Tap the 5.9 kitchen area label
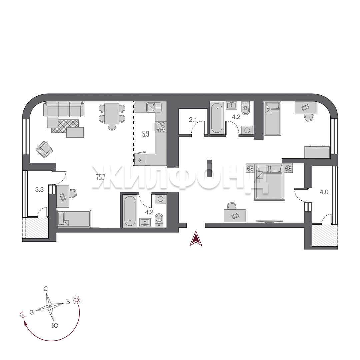[146, 134]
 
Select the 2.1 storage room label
[193, 120]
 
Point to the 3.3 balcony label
[39, 190]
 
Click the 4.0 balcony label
[324, 192]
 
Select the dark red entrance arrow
[196, 239]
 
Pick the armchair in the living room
[44, 149]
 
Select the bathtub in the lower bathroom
[129, 211]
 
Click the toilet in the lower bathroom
[159, 220]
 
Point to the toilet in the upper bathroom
[246, 110]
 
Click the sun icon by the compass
[77, 300]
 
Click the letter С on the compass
[46, 289]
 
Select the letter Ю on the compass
[55, 326]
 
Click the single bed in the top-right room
[272, 118]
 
